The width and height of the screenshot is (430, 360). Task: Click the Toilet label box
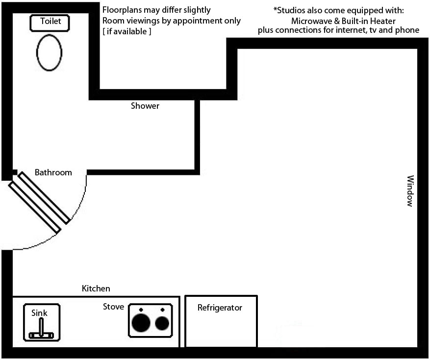coord(50,23)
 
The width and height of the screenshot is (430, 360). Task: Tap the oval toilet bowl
coord(49,52)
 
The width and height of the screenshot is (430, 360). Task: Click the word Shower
coord(145,106)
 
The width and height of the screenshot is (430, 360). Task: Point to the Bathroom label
coord(53,172)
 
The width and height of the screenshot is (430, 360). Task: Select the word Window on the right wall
coord(410,191)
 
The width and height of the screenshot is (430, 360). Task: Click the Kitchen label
coord(96,288)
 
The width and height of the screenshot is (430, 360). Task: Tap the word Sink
coord(39,312)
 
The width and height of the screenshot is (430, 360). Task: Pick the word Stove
coord(113,307)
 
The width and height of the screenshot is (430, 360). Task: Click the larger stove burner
coord(141,323)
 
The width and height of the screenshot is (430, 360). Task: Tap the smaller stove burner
coord(162,323)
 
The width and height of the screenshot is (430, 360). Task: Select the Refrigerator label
coord(220,308)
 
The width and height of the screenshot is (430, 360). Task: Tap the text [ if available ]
coord(127,31)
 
